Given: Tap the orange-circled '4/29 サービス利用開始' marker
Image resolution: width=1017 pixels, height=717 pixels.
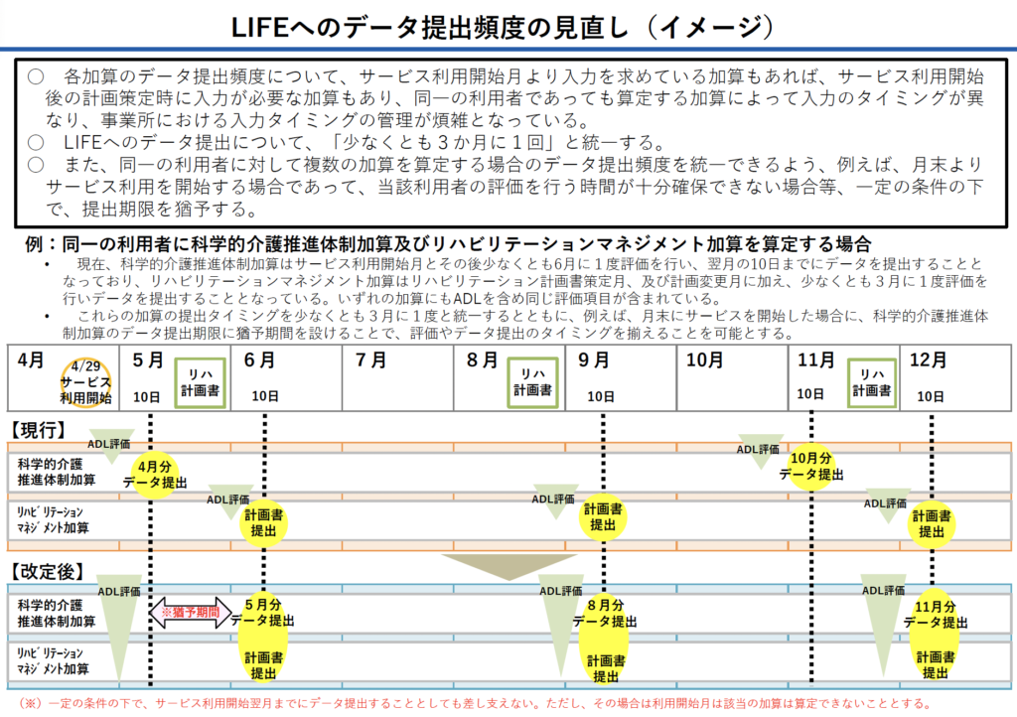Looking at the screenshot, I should [x=86, y=383].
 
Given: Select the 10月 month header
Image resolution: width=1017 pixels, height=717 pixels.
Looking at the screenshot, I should [x=704, y=360].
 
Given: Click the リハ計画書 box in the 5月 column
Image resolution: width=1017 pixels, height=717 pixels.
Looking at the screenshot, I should [x=200, y=382].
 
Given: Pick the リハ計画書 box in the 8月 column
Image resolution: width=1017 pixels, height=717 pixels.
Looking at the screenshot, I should [x=532, y=382].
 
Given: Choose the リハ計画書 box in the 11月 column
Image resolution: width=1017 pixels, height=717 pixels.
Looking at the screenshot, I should [x=871, y=382].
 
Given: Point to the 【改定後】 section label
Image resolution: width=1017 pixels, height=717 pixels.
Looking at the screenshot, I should [x=47, y=572].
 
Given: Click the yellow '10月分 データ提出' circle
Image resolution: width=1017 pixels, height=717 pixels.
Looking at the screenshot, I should [x=811, y=466].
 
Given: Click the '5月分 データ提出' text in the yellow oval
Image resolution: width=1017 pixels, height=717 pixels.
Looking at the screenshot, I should [x=263, y=613].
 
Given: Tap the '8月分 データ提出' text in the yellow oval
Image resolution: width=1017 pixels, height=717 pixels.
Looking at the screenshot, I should [x=605, y=613].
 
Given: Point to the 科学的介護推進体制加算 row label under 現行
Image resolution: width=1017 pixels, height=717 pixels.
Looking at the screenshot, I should [x=57, y=472].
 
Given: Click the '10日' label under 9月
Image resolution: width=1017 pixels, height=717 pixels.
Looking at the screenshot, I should [x=601, y=396].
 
